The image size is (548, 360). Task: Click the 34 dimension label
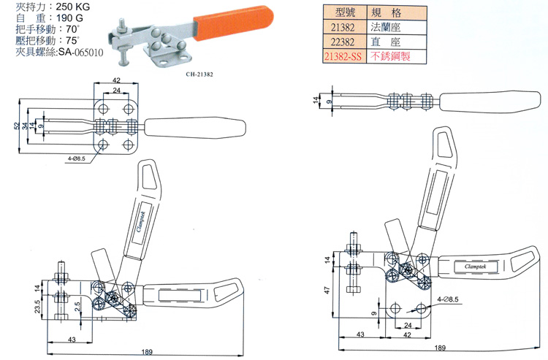pyautogui.click(x=26, y=126)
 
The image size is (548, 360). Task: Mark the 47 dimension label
pyautogui.click(x=329, y=290)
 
